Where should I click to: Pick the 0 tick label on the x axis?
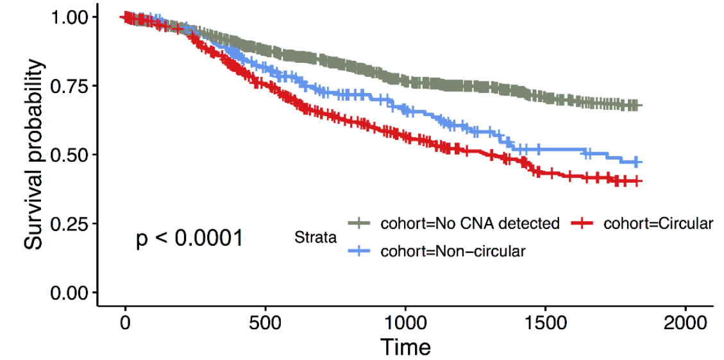126,322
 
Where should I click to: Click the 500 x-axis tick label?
265,322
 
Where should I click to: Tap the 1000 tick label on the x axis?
405,322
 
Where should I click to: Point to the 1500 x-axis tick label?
545,322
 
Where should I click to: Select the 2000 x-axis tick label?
685,322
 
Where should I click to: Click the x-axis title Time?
405,347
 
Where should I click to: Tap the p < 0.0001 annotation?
189,239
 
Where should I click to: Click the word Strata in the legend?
316,238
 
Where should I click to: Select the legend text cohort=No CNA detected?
470,224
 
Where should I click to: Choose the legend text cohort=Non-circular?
453,252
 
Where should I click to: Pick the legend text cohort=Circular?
658,224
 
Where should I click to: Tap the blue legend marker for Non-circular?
360,252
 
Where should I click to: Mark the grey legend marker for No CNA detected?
360,224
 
